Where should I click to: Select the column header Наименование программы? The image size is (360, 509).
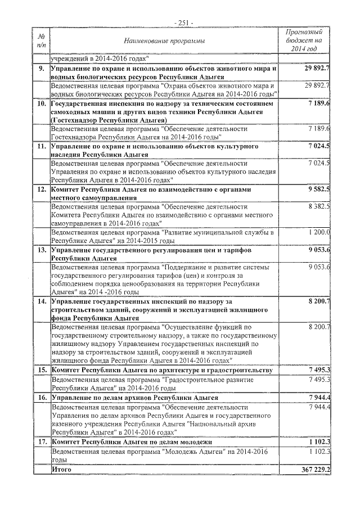[x=164, y=41]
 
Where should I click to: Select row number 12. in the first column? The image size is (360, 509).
[x=41, y=191]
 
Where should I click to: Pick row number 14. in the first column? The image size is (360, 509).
[x=41, y=301]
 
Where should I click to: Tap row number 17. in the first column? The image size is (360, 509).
[x=41, y=442]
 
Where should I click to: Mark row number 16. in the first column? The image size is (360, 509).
[x=41, y=398]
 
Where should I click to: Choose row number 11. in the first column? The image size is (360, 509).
[x=41, y=147]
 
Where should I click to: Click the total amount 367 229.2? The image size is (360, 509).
[x=316, y=469]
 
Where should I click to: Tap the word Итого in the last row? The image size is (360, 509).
[x=61, y=469]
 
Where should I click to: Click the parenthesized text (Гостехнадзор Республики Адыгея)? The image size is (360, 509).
[x=109, y=120]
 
